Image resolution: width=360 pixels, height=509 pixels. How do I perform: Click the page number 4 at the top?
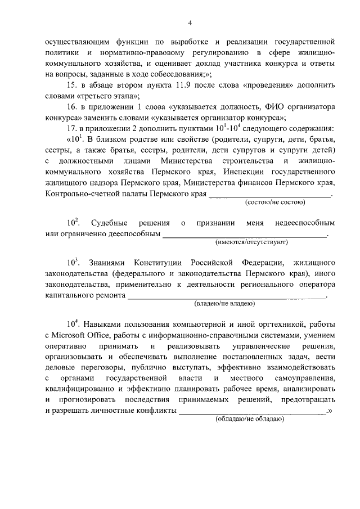(x=190, y=22)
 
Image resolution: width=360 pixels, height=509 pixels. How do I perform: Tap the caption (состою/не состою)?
(x=274, y=202)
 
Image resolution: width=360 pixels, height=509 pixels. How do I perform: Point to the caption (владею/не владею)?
(x=224, y=304)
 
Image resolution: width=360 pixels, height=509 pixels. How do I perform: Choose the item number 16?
(x=71, y=107)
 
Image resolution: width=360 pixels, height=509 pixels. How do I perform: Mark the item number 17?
(x=71, y=128)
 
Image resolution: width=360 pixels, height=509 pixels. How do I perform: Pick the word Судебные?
(x=109, y=223)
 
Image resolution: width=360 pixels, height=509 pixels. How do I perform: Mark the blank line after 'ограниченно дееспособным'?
(x=244, y=233)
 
